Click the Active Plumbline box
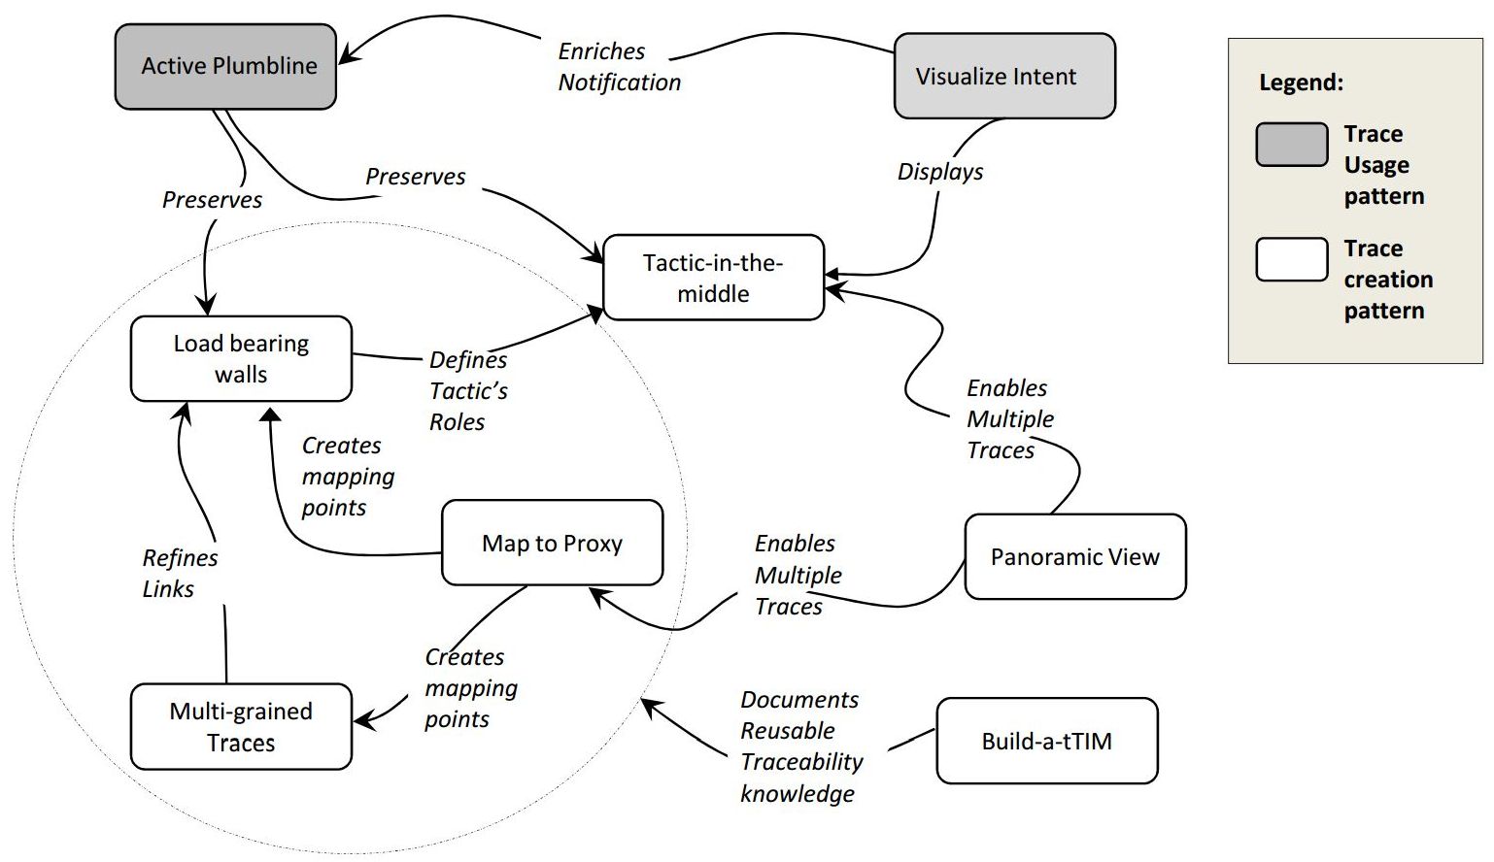click(225, 66)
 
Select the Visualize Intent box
click(1004, 76)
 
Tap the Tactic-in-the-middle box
click(713, 278)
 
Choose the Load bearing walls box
click(241, 358)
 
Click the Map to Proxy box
click(552, 543)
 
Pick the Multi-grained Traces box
click(241, 727)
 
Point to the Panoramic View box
click(1074, 556)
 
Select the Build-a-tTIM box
click(1046, 741)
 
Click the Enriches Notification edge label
click(619, 66)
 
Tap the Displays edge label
click(939, 172)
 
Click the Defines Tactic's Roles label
click(468, 390)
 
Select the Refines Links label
click(180, 573)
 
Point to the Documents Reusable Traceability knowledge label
click(800, 746)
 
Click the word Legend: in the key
click(1301, 83)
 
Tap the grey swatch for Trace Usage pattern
click(1291, 145)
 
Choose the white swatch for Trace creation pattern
click(1291, 259)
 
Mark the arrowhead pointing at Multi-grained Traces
click(361, 721)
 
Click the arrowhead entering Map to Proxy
click(596, 594)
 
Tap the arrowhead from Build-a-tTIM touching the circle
click(648, 706)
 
